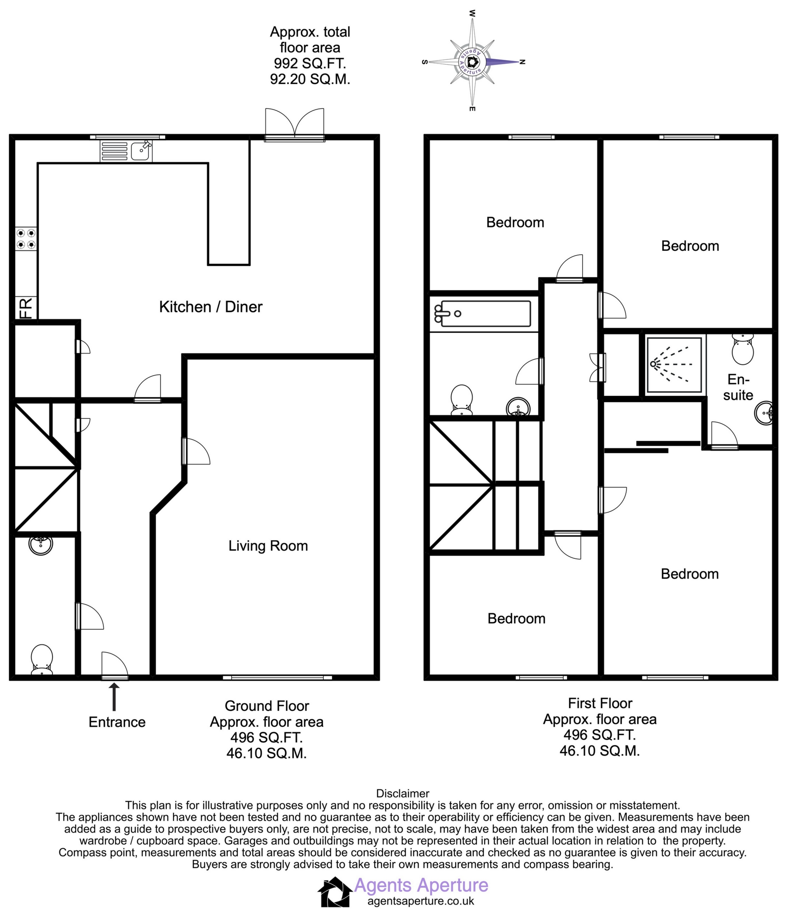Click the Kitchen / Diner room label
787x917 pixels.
tap(211, 307)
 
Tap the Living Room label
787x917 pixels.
tap(268, 546)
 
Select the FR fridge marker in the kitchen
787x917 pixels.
tap(26, 308)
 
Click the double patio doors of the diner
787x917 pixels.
tap(295, 126)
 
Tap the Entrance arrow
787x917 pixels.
tap(114, 697)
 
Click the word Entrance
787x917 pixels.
tap(117, 722)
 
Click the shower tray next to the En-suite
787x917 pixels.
tap(674, 365)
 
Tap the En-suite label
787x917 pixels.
tap(738, 387)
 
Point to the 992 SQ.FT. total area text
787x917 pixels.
tap(310, 63)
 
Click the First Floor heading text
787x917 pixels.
tap(600, 703)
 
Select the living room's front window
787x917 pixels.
tap(277, 677)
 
